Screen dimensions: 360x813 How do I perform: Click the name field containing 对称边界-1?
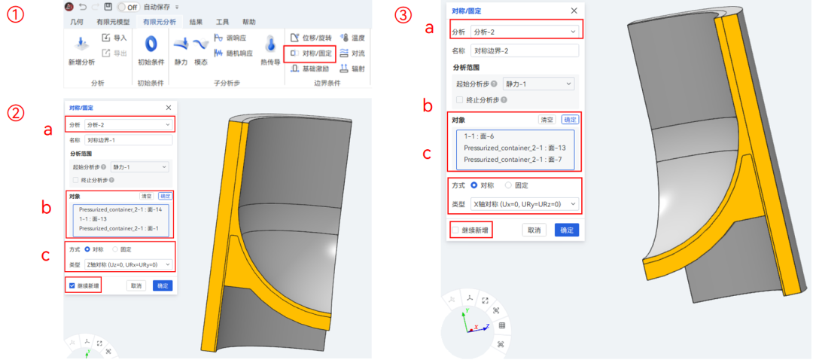tap(129, 140)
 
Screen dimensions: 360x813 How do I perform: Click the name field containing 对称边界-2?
tap(524, 50)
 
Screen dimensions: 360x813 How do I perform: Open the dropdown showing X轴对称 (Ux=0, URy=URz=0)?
tap(524, 203)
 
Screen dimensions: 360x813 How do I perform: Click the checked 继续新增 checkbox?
tap(72, 285)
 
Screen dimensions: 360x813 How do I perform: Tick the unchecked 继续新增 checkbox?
tap(455, 230)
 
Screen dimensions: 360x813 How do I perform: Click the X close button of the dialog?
tap(574, 11)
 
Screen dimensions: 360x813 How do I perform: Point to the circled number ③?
tap(406, 14)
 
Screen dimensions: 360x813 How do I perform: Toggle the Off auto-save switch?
tap(127, 7)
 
